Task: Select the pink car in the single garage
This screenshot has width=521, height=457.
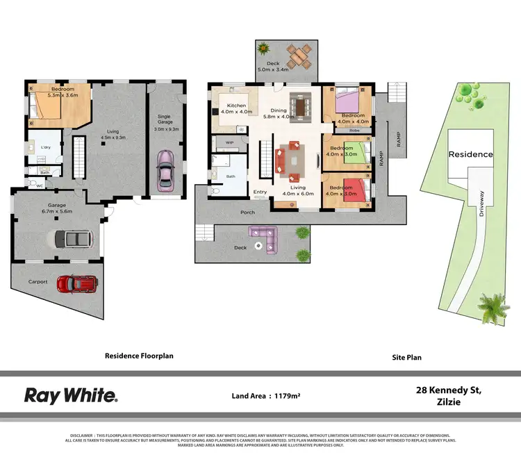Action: (166, 170)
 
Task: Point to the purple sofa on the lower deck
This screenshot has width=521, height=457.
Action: (263, 240)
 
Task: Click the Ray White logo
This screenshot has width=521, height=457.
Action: (71, 395)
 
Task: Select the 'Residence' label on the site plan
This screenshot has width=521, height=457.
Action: (470, 154)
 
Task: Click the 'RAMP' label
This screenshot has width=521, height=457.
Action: (382, 160)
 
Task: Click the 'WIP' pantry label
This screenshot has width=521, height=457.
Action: (229, 142)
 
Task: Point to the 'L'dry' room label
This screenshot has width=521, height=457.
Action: (47, 147)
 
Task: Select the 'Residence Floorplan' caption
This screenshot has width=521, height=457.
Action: (139, 356)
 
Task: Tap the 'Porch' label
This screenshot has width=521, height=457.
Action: (247, 212)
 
